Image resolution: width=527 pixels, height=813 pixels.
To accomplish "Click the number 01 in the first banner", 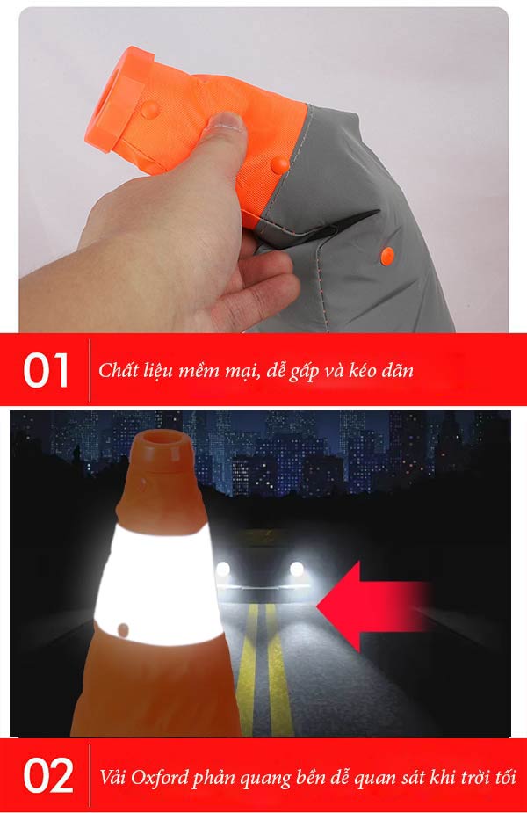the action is tap(46, 370).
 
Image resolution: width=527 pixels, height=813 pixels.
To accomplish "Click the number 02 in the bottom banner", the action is tap(47, 775).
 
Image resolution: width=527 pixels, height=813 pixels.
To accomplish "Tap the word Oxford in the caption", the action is tap(160, 777).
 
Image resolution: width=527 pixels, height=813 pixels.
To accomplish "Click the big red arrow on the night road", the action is tap(373, 606).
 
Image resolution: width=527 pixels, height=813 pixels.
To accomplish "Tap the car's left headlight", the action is tap(223, 569).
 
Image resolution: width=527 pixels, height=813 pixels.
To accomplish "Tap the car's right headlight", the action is tap(296, 569).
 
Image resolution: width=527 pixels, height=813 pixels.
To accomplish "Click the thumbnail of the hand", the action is tap(226, 122).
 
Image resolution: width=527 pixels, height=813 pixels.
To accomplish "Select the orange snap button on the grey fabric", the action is tap(386, 256).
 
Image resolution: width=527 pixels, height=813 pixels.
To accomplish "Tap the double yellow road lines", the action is tap(263, 669).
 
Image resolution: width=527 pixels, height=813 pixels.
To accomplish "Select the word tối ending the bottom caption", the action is tap(505, 776).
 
